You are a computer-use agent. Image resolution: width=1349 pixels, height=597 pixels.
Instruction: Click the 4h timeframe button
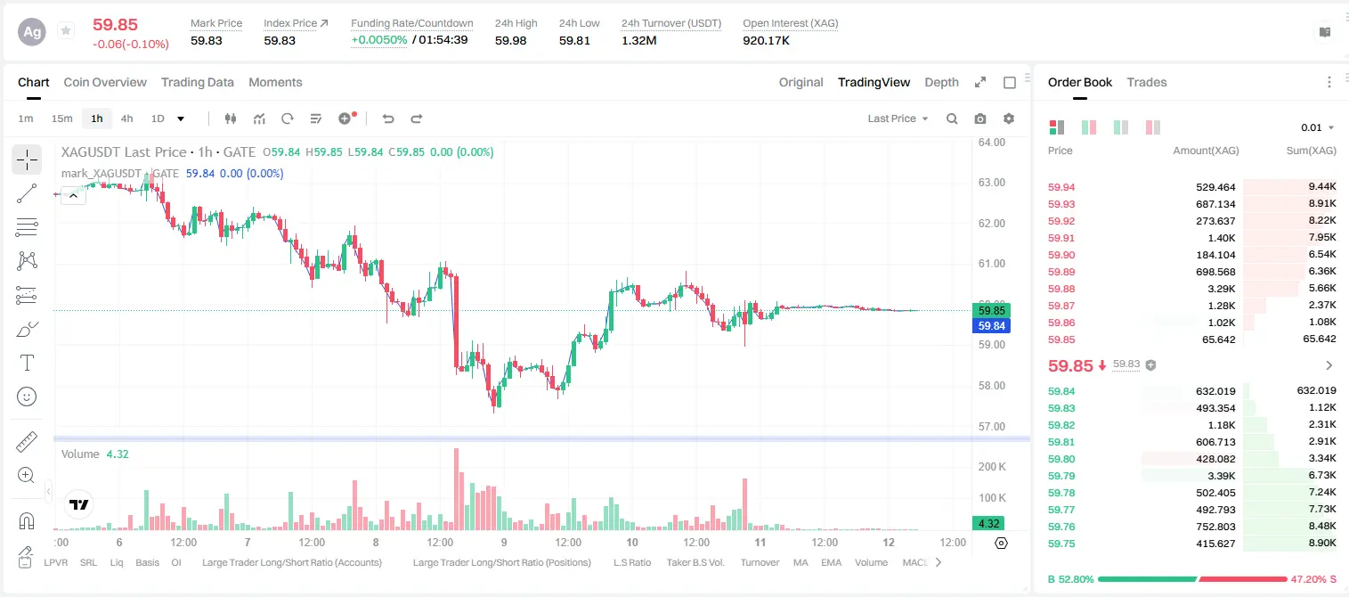(126, 119)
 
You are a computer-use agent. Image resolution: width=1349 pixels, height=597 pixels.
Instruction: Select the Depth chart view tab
(941, 83)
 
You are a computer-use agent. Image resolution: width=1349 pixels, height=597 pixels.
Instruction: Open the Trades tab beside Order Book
(1147, 83)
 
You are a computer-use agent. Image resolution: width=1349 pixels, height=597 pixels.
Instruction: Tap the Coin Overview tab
(105, 83)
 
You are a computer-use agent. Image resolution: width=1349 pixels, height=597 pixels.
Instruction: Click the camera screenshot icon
(980, 119)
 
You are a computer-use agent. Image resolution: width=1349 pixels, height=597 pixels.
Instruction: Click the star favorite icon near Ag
(66, 30)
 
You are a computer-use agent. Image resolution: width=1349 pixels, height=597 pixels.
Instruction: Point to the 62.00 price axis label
(991, 224)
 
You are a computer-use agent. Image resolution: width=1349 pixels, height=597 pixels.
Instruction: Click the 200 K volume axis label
(992, 467)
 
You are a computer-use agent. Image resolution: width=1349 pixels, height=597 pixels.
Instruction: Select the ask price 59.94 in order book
(1061, 187)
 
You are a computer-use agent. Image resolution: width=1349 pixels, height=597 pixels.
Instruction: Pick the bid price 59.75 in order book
(1061, 544)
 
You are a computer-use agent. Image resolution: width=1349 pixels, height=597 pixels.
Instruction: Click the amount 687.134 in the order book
(1215, 204)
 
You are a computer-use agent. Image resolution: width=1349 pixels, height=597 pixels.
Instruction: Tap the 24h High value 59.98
(511, 40)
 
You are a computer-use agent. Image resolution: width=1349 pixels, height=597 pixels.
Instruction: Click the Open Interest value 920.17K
(766, 40)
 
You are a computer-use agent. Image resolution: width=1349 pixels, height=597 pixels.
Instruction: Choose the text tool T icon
(27, 363)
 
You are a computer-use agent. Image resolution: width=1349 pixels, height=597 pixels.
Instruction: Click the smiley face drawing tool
(27, 397)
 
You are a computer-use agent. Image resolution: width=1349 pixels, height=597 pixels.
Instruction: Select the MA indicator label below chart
(800, 562)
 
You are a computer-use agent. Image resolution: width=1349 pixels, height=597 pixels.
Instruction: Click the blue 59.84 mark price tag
(991, 326)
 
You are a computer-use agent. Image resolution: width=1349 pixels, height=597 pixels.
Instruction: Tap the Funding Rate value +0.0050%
(379, 40)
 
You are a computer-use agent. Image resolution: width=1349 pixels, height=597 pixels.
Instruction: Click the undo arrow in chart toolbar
(388, 119)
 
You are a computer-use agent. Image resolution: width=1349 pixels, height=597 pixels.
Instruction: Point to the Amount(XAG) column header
(1206, 151)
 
